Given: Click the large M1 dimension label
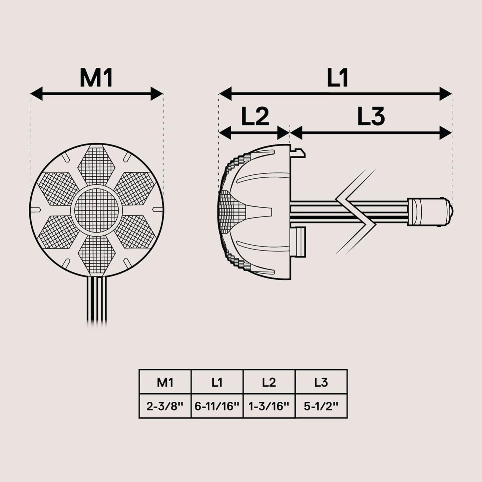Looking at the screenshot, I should (96, 78).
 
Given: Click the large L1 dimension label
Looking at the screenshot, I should (338, 78).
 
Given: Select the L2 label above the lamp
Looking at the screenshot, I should (255, 117).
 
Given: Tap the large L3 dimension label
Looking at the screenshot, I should (371, 117).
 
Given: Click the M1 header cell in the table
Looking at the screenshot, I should (165, 382).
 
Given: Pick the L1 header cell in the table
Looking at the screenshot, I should (217, 382).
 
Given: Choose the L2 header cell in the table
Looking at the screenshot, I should (269, 382).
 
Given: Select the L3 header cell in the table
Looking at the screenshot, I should (321, 382).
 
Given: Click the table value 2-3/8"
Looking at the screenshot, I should (165, 406).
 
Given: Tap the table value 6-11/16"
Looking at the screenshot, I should (217, 406).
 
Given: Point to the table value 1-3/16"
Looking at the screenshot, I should (269, 406).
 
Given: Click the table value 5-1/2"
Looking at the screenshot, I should (321, 406).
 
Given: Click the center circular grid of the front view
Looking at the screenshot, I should (96, 210).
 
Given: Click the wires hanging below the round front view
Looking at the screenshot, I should (97, 300).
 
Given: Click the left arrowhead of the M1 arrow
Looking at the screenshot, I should (37, 94).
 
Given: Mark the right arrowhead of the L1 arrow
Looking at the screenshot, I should (445, 94).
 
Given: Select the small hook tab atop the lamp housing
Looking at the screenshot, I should (299, 152).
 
